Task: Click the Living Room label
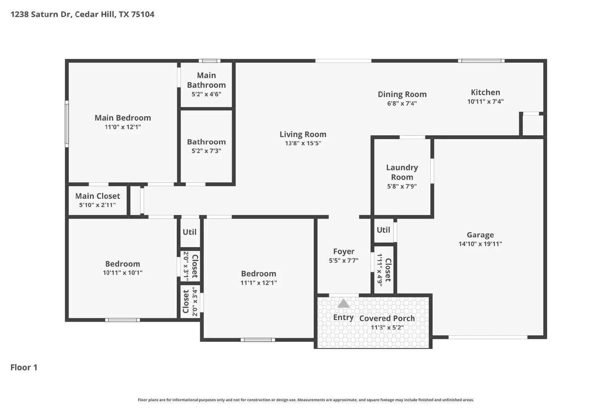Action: pos(303,134)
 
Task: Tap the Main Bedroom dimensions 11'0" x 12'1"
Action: pos(123,127)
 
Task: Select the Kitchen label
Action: pos(485,92)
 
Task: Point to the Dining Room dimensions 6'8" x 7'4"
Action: pos(402,103)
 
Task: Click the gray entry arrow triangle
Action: pos(343,304)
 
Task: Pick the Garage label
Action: pos(480,235)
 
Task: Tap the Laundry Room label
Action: pos(402,172)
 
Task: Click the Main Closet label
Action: pos(98,196)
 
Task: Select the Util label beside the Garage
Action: pos(383,230)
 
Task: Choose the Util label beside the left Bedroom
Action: pos(189,232)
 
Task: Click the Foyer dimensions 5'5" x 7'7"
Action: pos(343,261)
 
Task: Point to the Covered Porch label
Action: pos(387,318)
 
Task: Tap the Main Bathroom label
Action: pos(206,80)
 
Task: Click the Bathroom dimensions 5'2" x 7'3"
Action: pos(206,151)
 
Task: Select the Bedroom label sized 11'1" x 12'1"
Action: pos(259,273)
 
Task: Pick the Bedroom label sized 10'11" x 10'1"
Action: pos(122,264)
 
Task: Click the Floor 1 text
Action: pos(24,367)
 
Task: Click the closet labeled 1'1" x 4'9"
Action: pos(384,270)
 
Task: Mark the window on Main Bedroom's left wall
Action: pos(67,124)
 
